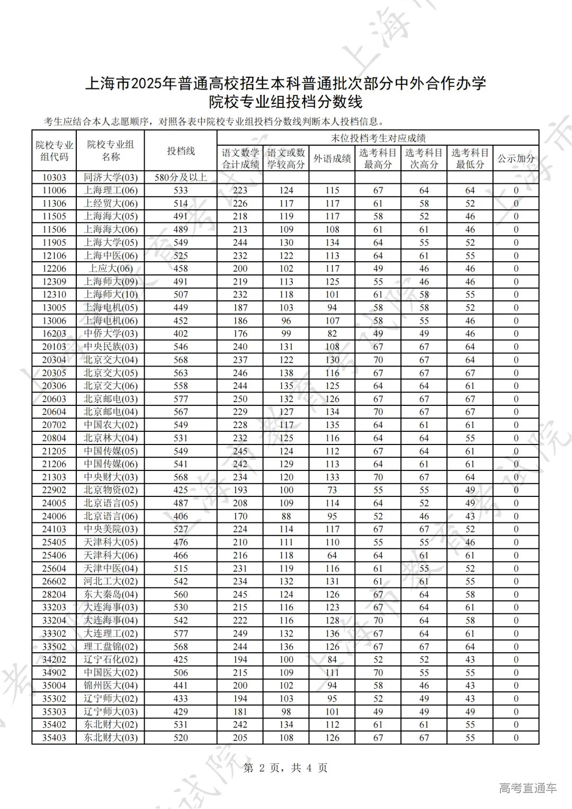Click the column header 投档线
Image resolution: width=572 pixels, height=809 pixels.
coord(181,151)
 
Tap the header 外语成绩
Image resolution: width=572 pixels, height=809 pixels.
coord(332,158)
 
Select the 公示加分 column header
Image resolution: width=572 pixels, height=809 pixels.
coord(516,158)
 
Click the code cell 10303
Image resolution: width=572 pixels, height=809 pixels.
coord(54,177)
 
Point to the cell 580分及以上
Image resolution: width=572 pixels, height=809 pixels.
coord(181,177)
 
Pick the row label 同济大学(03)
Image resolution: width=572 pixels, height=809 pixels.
coord(110,177)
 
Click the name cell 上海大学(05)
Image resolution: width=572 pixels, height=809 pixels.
coord(110,243)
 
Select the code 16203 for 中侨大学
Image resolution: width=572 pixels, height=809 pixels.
coord(54,334)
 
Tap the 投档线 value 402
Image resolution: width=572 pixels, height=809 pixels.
coord(181,334)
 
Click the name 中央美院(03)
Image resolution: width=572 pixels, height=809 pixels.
coord(110,529)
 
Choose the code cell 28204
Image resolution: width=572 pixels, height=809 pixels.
coord(54,594)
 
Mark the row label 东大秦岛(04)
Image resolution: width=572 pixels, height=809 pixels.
coord(110,594)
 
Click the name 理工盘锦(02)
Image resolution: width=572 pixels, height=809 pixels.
coord(110,646)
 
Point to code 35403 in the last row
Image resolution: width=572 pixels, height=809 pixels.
coord(54,737)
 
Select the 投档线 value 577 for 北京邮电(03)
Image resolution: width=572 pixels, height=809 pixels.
coord(181,399)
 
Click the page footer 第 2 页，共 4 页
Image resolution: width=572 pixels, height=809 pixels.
coord(285,768)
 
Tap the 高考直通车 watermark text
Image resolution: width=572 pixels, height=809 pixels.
coord(528,788)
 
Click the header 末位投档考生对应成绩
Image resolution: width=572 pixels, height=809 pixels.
coord(378,138)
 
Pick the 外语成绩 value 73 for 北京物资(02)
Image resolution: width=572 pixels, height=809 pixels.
coord(332,490)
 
